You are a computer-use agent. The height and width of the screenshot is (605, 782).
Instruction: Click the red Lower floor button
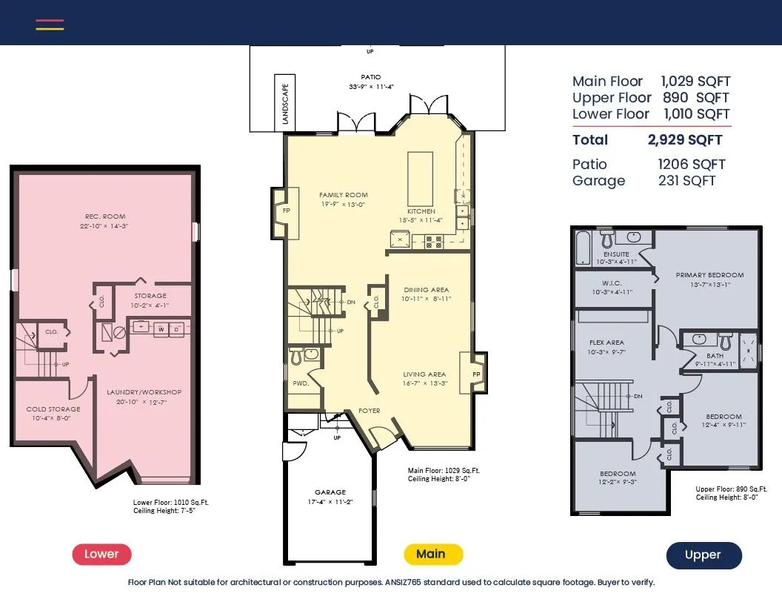[101, 554]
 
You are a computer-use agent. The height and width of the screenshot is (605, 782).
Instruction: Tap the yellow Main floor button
[433, 554]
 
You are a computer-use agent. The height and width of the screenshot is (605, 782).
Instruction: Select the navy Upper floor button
[704, 555]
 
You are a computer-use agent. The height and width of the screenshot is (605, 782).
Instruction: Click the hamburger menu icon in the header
[50, 25]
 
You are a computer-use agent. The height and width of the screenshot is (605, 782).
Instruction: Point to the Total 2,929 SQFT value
[685, 140]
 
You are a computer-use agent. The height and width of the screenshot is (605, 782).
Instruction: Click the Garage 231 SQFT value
[686, 181]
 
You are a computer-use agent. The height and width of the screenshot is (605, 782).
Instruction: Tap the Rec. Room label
[105, 216]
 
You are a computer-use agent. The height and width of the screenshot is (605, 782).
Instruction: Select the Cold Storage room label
[53, 409]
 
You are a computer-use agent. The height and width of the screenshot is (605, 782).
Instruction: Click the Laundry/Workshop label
[144, 392]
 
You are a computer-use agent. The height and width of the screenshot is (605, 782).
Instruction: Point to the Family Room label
[344, 195]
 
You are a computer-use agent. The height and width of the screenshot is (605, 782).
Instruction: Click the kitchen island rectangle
[420, 179]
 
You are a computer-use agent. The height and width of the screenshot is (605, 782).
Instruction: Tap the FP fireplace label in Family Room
[287, 211]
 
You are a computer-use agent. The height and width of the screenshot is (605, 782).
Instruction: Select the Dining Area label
[427, 290]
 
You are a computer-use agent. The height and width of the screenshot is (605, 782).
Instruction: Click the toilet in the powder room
[296, 357]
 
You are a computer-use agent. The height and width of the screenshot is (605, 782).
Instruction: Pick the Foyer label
[370, 411]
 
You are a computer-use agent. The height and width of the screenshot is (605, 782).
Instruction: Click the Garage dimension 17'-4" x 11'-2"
[330, 502]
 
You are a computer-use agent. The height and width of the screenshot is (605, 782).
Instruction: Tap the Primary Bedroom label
[709, 275]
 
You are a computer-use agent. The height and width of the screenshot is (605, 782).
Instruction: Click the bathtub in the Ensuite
[583, 248]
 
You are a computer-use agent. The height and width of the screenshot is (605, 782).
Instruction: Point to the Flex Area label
[607, 343]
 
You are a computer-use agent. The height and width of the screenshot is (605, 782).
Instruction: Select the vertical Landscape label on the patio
[285, 104]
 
